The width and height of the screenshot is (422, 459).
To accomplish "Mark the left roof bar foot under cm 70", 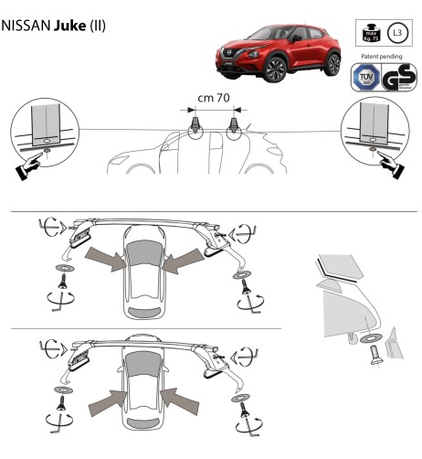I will point(194,126).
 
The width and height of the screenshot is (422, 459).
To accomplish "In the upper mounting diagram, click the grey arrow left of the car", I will point(104,260).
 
